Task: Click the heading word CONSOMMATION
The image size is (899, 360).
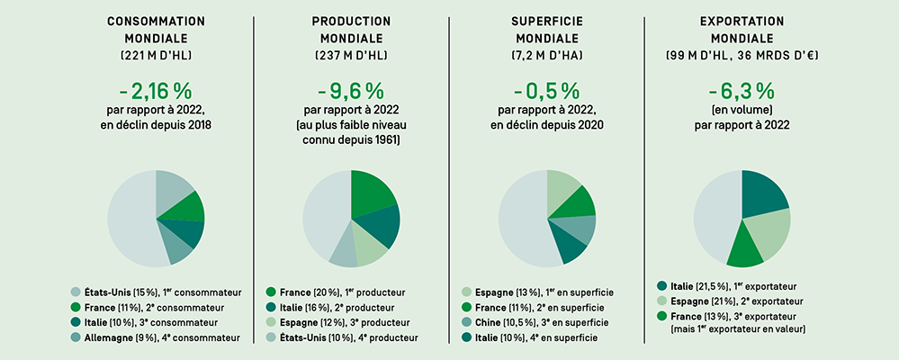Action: pos(156,21)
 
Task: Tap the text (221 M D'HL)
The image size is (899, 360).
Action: pos(156,56)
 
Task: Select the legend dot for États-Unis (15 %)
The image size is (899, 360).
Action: pos(77,292)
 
